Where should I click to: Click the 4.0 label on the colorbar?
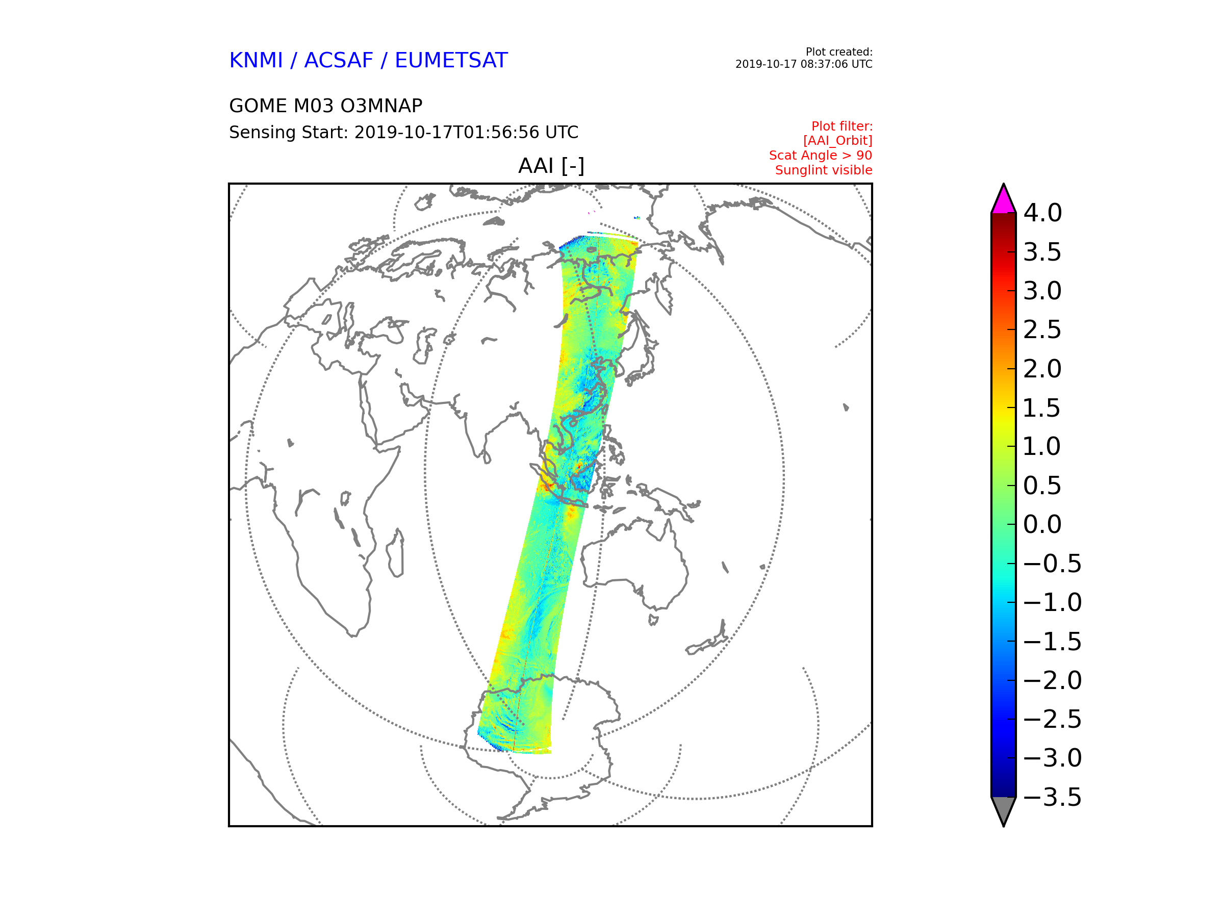click(x=1042, y=213)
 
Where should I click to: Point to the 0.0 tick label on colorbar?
click(x=1042, y=525)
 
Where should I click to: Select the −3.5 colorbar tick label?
click(x=1052, y=797)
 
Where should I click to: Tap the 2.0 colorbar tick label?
click(x=1042, y=369)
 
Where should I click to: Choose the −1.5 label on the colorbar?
click(x=1052, y=642)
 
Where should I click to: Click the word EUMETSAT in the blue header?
click(x=451, y=60)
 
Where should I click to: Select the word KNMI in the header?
click(x=256, y=60)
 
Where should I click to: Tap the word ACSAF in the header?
click(x=339, y=60)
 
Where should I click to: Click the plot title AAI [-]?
click(x=551, y=165)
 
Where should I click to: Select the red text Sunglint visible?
click(x=823, y=170)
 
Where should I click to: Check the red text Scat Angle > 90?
click(x=820, y=156)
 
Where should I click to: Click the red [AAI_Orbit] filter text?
click(x=837, y=141)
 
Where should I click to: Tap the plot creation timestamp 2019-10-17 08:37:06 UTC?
click(x=803, y=64)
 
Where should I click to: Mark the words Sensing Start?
click(x=288, y=133)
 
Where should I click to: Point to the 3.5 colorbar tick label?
click(x=1042, y=252)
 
